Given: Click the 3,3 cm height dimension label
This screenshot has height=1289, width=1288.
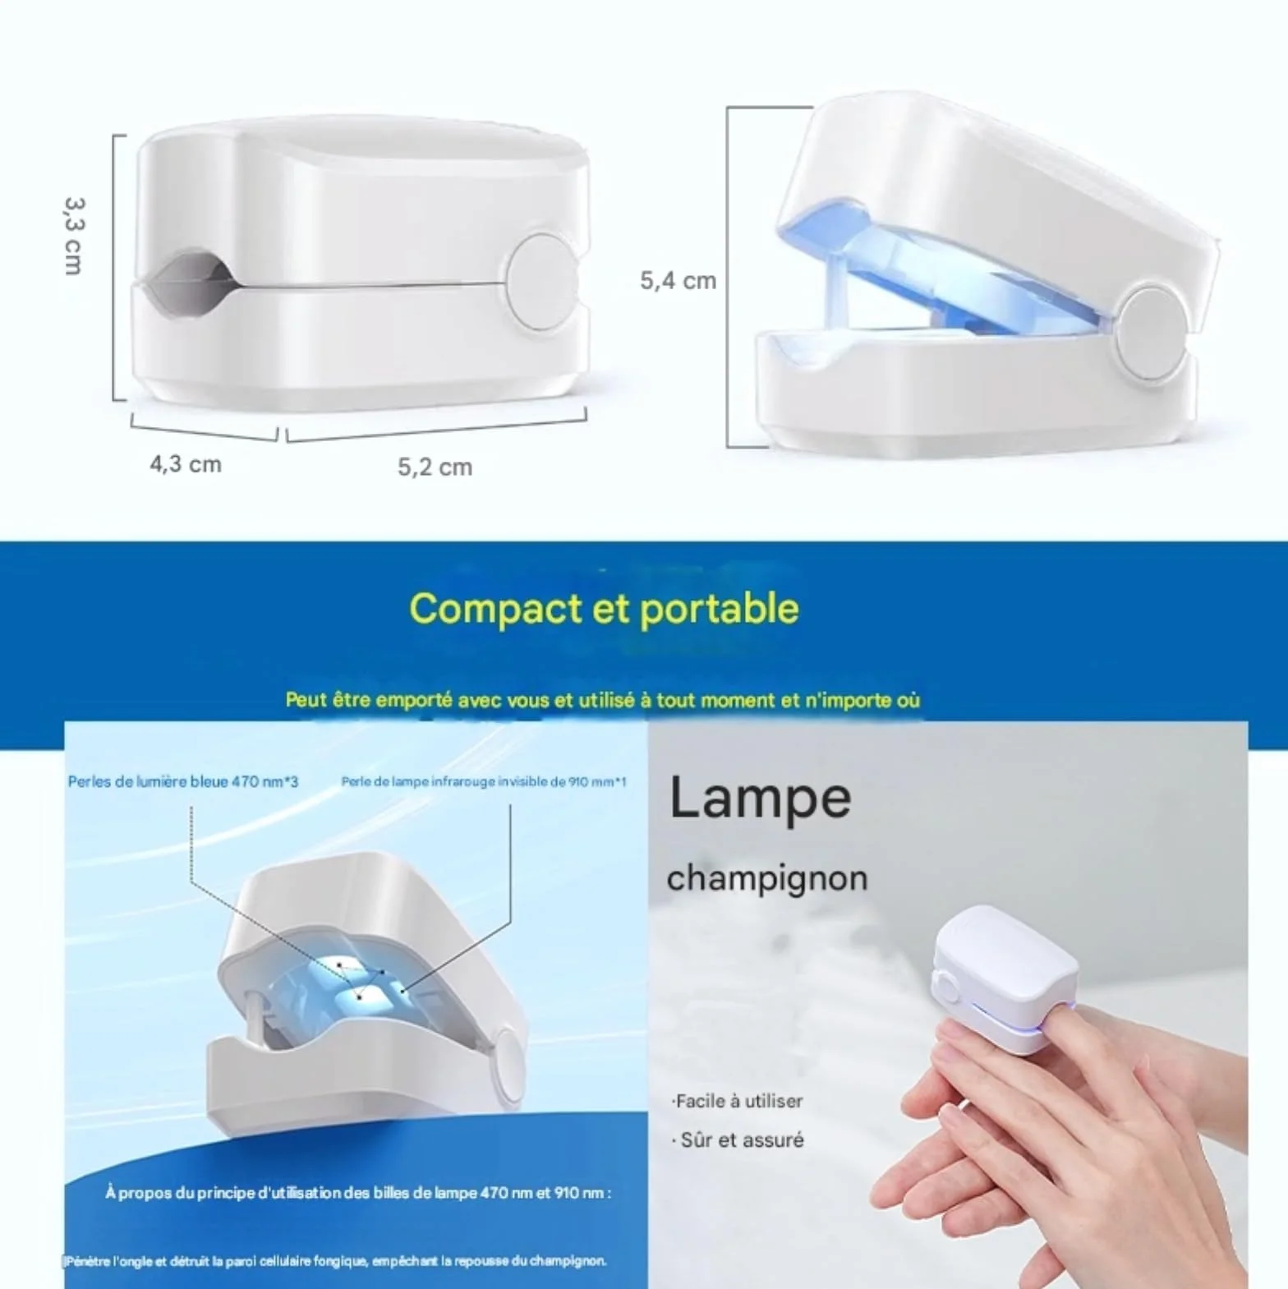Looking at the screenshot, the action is coord(74,236).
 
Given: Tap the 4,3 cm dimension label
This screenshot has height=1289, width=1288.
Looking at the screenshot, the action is coord(186,464).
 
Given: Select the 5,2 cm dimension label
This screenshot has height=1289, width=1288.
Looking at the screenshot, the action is coord(435,467).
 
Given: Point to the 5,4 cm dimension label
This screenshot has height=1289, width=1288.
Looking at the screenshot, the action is coord(678,281).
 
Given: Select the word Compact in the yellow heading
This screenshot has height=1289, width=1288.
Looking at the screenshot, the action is coord(495,610).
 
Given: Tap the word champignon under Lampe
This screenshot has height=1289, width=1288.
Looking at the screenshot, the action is coord(767,878).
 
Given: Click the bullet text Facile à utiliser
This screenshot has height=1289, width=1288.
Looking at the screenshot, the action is coord(737,1101).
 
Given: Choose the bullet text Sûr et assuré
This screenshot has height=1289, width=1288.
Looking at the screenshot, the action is coord(738,1140).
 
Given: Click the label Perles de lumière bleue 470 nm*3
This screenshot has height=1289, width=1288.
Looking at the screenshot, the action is coord(183,781).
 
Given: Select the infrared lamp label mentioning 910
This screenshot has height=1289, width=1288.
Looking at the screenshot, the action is coord(484,781).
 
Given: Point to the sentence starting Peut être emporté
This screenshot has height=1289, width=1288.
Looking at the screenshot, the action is coord(603,700).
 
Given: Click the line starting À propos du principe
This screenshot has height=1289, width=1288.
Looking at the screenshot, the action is coord(358,1193).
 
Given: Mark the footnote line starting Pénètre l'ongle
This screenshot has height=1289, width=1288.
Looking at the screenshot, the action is coord(335,1261).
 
